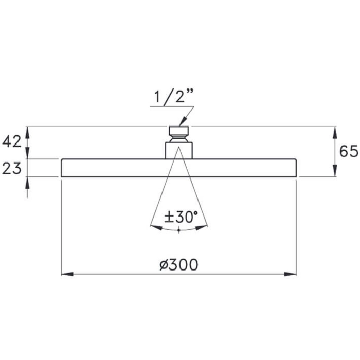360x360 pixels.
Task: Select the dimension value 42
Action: tap(12, 141)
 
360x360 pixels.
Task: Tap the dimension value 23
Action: tap(12, 169)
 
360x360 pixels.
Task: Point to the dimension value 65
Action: tap(349, 151)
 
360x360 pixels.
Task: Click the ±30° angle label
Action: tap(181, 217)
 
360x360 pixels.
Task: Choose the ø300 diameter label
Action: tap(178, 265)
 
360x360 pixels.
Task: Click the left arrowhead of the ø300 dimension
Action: tap(67, 274)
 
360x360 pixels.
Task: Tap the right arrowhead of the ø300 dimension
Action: tap(291, 274)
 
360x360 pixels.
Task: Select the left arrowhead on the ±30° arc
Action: tap(156, 227)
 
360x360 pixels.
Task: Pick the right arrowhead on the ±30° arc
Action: tap(202, 227)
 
